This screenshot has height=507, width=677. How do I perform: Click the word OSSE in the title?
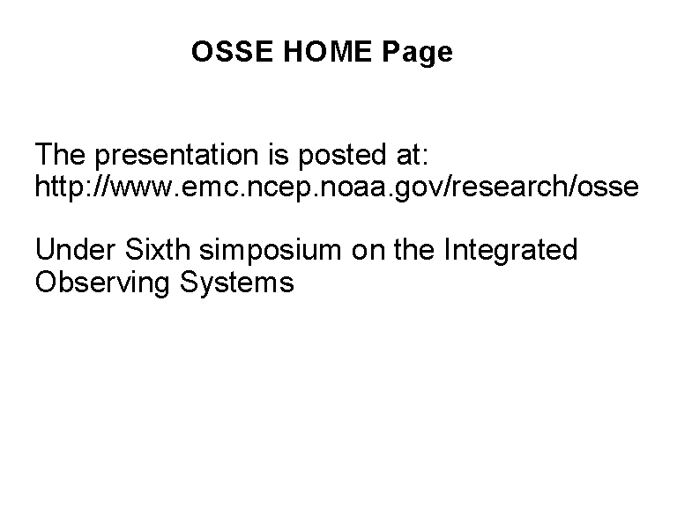pyautogui.click(x=233, y=51)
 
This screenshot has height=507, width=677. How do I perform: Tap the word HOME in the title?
pyautogui.click(x=327, y=51)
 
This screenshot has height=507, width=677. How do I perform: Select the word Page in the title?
pyautogui.click(x=417, y=53)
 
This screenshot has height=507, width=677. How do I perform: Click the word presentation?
pyautogui.click(x=176, y=155)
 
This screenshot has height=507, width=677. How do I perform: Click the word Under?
pyautogui.click(x=76, y=250)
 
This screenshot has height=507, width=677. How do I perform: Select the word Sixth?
pyautogui.click(x=158, y=250)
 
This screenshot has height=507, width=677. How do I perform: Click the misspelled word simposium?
pyautogui.click(x=271, y=252)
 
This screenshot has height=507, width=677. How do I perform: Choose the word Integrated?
pyautogui.click(x=510, y=252)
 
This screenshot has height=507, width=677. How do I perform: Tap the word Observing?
pyautogui.click(x=102, y=283)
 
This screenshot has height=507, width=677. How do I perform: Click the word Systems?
pyautogui.click(x=237, y=283)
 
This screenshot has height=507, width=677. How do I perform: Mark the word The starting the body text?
pyautogui.click(x=60, y=154)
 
